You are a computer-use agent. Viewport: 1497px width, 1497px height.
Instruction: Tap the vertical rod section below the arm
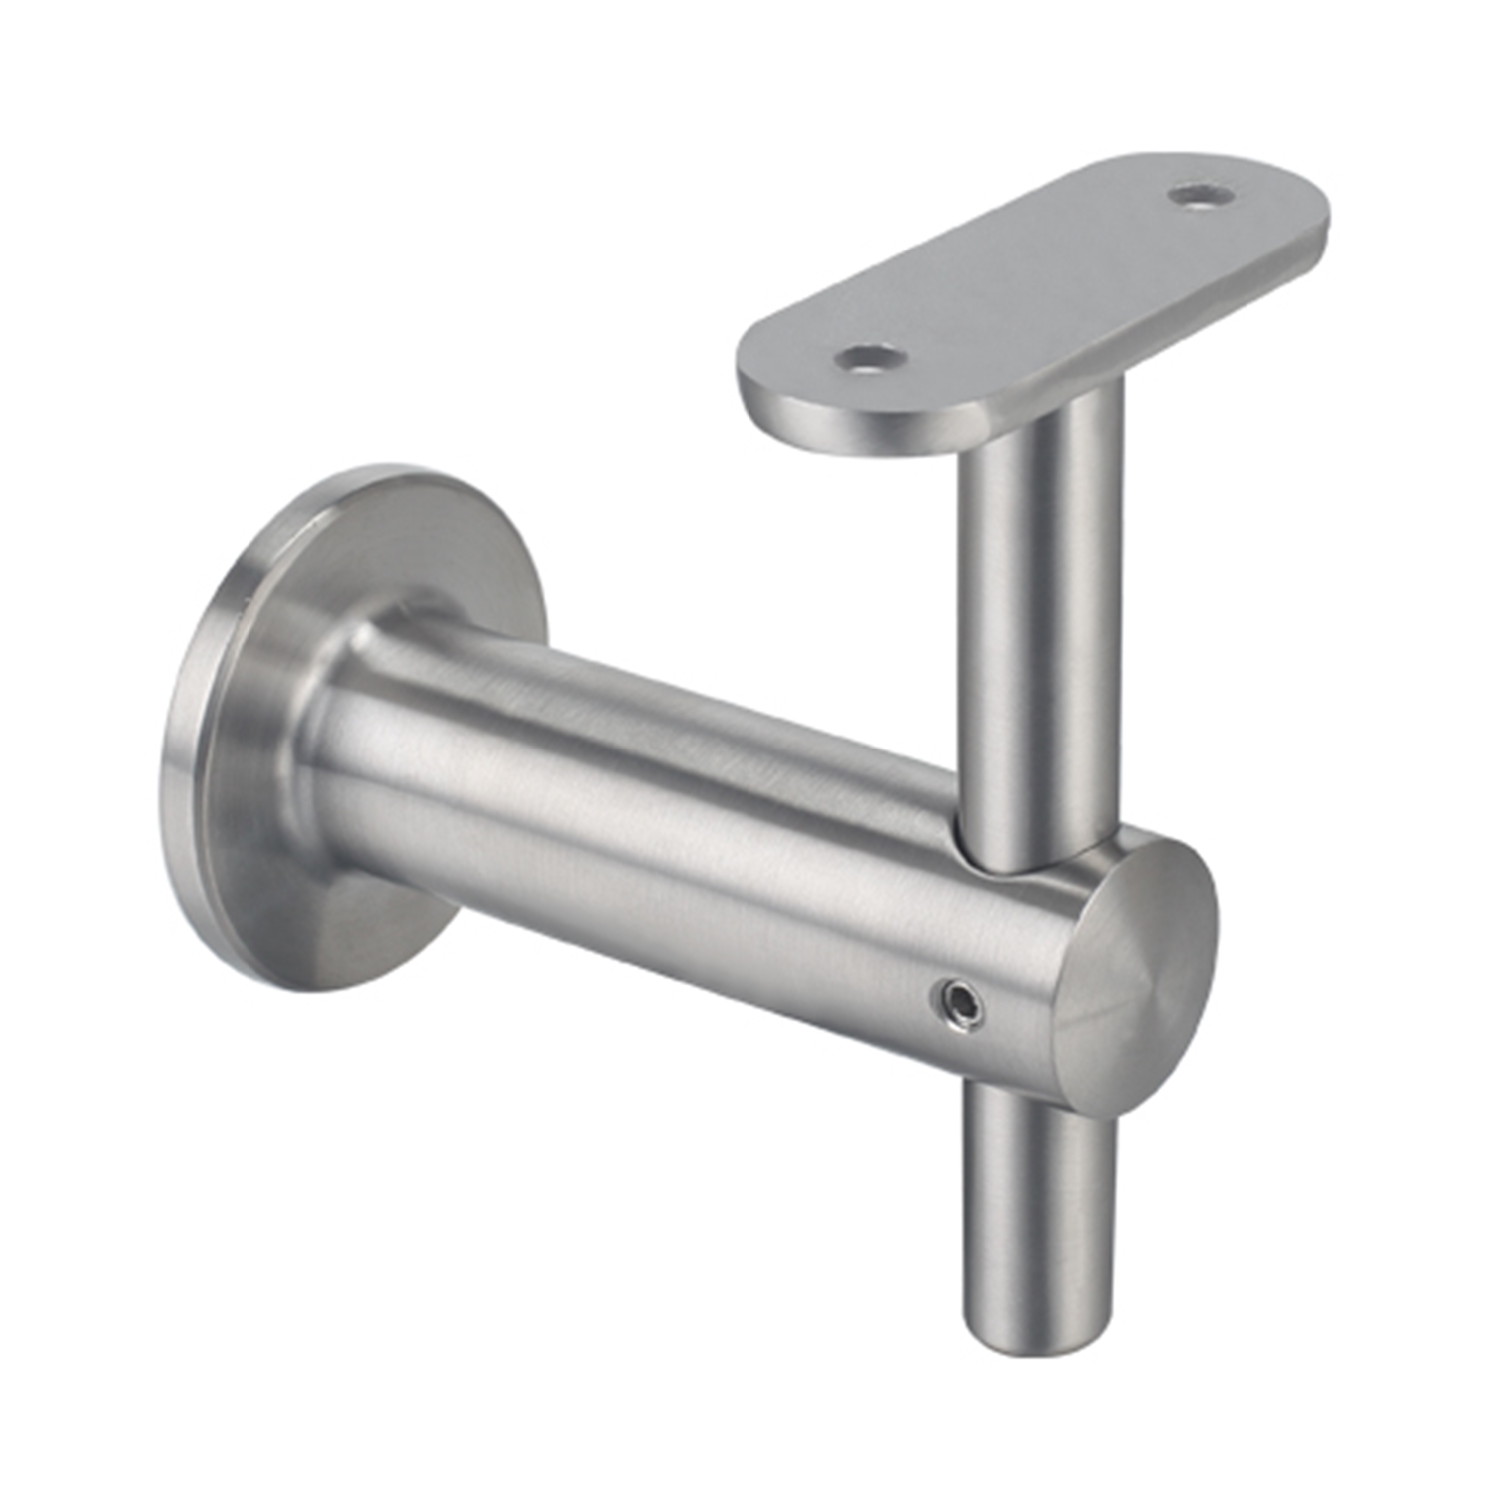pyautogui.click(x=1038, y=1198)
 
